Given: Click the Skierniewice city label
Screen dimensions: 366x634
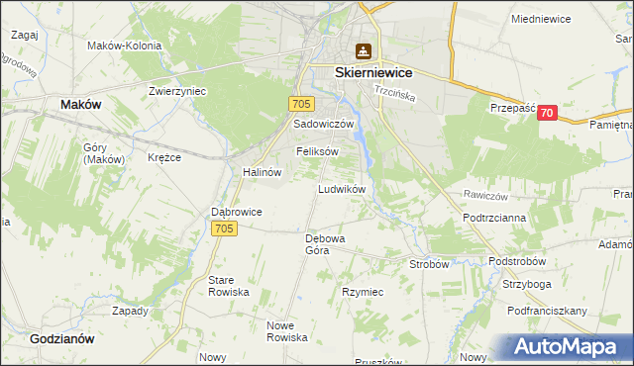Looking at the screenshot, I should pos(374,73).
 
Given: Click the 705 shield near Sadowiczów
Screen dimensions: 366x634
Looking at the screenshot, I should pos(303,103).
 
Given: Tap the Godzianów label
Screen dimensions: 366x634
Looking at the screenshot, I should pos(62,337).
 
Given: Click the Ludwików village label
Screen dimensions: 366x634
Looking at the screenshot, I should pos(343,188).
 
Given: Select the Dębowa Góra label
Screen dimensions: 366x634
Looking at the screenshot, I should pos(324,244).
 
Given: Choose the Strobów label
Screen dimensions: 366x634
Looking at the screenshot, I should pos(430,264).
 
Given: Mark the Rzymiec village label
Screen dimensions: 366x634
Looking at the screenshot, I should pos(363,293).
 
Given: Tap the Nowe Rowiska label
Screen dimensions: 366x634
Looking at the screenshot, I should pos(287,331).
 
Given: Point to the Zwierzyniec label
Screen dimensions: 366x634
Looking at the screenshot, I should pos(176,90).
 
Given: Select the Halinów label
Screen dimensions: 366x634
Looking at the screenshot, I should pos(263,171).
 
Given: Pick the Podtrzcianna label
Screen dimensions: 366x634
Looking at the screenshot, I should pos(493,217).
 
